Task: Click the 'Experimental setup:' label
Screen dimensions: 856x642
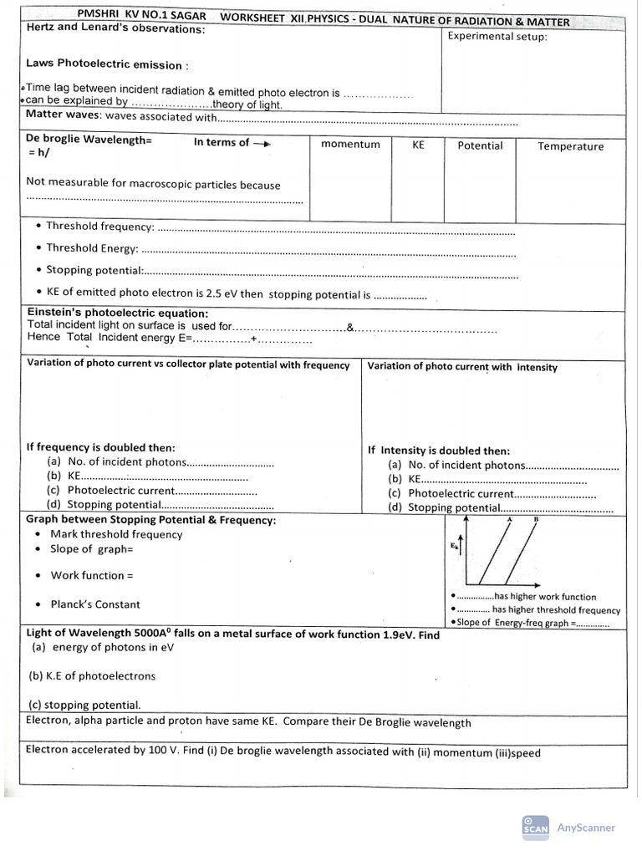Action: point(497,36)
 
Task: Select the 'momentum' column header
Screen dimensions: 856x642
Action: point(350,145)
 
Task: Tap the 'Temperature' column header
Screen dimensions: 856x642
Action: point(570,146)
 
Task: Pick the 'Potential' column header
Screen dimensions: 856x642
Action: point(480,145)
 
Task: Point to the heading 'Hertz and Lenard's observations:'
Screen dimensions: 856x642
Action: point(115,28)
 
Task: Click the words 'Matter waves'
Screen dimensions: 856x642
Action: point(63,115)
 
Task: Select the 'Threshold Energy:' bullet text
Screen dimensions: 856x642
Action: point(91,247)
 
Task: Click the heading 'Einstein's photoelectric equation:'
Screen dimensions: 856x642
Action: point(118,313)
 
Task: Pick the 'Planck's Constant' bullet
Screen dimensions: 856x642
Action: point(95,604)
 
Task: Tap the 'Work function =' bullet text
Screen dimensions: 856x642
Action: point(92,575)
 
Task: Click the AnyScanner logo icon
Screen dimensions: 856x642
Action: point(535,826)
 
